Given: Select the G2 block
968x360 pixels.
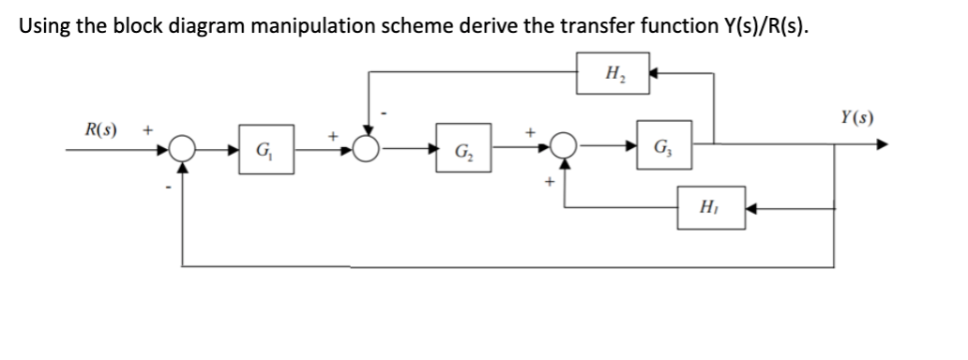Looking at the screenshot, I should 462,151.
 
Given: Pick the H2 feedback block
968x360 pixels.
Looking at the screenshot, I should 615,70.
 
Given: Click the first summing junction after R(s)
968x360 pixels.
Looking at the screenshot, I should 183,148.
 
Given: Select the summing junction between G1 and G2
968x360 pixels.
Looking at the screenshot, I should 367,148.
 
